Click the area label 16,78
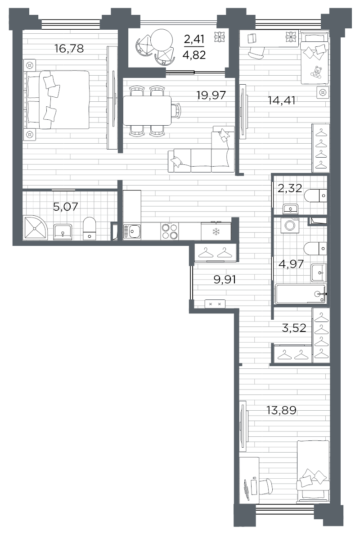pyautogui.click(x=69, y=49)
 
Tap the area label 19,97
pyautogui.click(x=211, y=95)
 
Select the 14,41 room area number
pyautogui.click(x=282, y=100)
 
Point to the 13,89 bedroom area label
pyautogui.click(x=281, y=410)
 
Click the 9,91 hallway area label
pyautogui.click(x=225, y=280)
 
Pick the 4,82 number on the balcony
pyautogui.click(x=194, y=55)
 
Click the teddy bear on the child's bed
pyautogui.click(x=316, y=72)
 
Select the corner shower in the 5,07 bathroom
pyautogui.click(x=36, y=227)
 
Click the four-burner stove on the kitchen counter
pyautogui.click(x=170, y=231)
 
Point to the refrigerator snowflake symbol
pyautogui.click(x=216, y=232)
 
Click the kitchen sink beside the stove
pyautogui.click(x=132, y=231)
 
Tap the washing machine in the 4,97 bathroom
pyautogui.click(x=290, y=225)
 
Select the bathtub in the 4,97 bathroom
pyautogui.click(x=301, y=294)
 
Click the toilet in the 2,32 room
pyautogui.click(x=316, y=196)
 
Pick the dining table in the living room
pyautogui.click(x=147, y=110)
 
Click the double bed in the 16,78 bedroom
pyautogui.click(x=57, y=100)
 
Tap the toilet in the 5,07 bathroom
pyautogui.click(x=90, y=228)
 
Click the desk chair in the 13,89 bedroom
pyautogui.click(x=265, y=486)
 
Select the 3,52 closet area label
pyautogui.click(x=294, y=328)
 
